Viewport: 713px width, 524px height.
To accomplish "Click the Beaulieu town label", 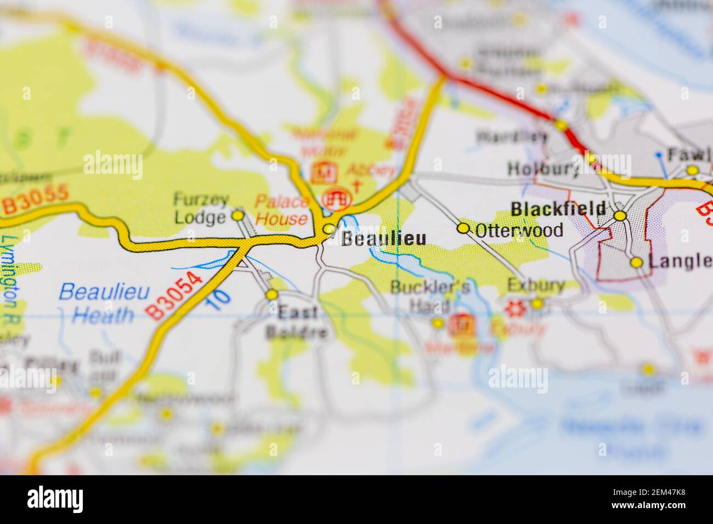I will pyautogui.click(x=383, y=238).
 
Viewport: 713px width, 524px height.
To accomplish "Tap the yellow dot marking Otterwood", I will pyautogui.click(x=463, y=228).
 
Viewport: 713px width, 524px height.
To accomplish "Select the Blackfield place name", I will pyautogui.click(x=558, y=209).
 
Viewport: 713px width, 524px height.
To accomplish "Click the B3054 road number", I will pyautogui.click(x=174, y=295).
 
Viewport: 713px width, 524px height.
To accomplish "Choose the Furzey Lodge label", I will pyautogui.click(x=200, y=208).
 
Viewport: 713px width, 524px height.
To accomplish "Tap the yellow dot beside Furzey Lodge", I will pyautogui.click(x=238, y=215).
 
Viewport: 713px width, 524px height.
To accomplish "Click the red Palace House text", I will pyautogui.click(x=282, y=210).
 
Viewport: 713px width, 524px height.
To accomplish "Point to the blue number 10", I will pyautogui.click(x=220, y=300).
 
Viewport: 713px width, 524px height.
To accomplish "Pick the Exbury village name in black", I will pyautogui.click(x=536, y=285).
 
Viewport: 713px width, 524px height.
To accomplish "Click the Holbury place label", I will pyautogui.click(x=543, y=169).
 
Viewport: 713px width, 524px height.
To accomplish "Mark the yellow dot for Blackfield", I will pyautogui.click(x=620, y=216).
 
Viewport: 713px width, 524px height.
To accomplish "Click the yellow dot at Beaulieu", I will pyautogui.click(x=329, y=229).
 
